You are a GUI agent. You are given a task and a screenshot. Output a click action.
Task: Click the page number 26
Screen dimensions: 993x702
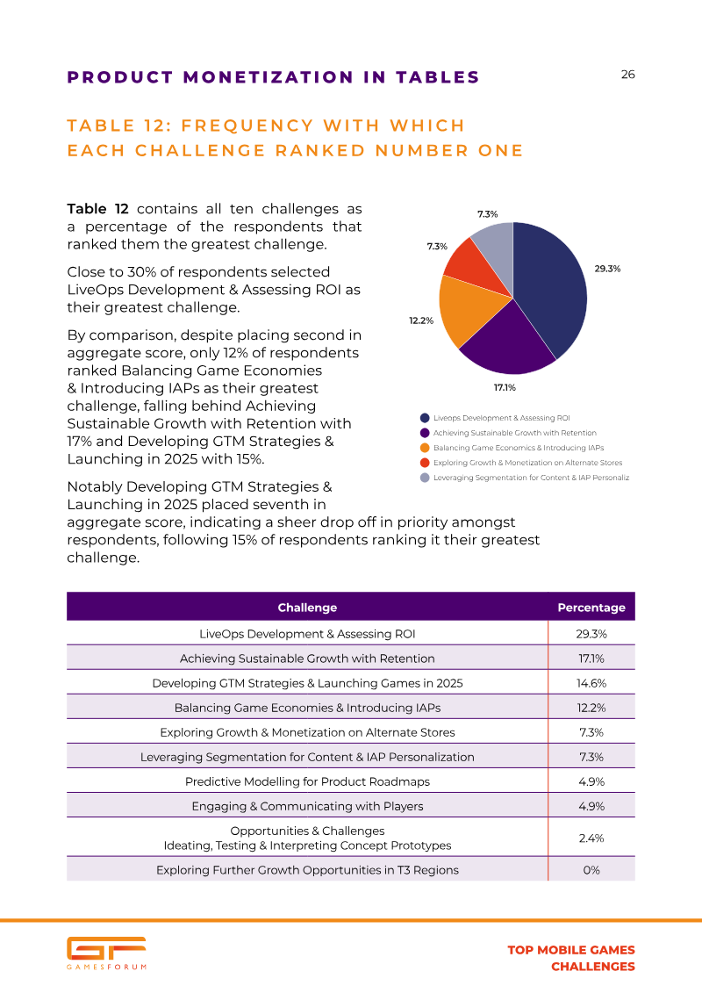click(x=627, y=75)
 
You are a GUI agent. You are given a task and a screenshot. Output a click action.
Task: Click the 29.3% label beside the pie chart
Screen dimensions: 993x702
click(x=607, y=269)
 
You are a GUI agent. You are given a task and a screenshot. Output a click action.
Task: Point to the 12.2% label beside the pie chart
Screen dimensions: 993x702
click(x=421, y=321)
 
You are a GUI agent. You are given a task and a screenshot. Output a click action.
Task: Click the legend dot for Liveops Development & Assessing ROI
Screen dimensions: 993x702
click(x=425, y=418)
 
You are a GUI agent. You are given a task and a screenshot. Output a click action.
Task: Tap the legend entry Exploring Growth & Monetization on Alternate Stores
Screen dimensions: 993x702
click(x=527, y=463)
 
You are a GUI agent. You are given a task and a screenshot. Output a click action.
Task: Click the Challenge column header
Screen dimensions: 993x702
click(x=307, y=608)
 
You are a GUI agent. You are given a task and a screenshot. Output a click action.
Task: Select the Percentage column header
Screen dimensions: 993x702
click(x=591, y=608)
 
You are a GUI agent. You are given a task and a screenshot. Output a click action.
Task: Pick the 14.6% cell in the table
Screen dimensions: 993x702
click(x=591, y=683)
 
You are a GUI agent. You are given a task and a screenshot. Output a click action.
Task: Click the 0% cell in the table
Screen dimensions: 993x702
click(x=591, y=870)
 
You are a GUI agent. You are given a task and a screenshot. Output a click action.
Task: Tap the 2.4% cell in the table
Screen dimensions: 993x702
click(x=591, y=838)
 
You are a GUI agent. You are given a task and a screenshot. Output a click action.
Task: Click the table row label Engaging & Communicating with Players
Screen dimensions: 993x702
click(x=307, y=806)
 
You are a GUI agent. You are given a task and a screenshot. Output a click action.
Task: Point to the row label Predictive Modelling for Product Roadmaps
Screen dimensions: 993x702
click(x=307, y=781)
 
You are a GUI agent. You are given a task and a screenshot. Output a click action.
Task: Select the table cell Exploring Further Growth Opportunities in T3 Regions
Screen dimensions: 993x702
click(x=307, y=870)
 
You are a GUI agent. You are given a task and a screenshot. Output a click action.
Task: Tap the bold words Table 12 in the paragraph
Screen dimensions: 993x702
click(x=97, y=209)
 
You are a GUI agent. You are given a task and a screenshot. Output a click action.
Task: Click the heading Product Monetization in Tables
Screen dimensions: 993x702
click(x=273, y=77)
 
